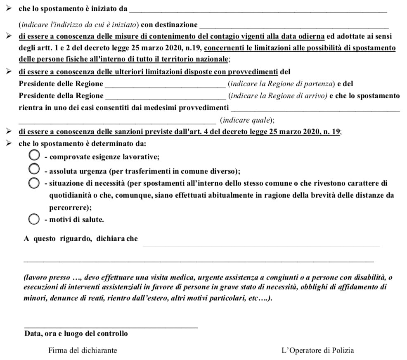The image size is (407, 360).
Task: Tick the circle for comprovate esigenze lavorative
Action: (34, 155)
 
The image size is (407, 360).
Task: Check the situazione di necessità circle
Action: (34, 183)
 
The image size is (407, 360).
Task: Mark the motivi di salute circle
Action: (34, 220)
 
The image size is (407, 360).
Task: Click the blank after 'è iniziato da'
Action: (258, 10)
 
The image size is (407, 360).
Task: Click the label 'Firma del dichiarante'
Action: (83, 351)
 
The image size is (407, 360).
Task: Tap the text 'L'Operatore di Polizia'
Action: (317, 351)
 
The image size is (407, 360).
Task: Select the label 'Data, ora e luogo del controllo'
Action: (76, 334)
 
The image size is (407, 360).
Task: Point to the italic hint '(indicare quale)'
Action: (247, 121)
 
